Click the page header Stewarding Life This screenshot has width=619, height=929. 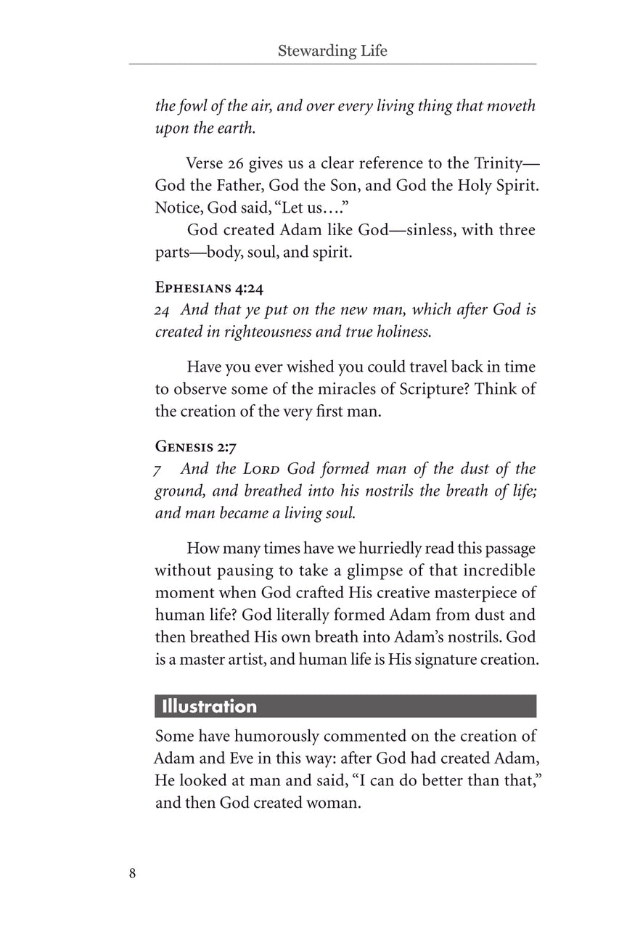coord(332,51)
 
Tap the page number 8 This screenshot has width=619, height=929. coord(132,873)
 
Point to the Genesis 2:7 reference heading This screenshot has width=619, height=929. coord(195,446)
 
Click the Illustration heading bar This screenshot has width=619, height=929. coord(345,706)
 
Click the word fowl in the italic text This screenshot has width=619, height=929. coord(192,105)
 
